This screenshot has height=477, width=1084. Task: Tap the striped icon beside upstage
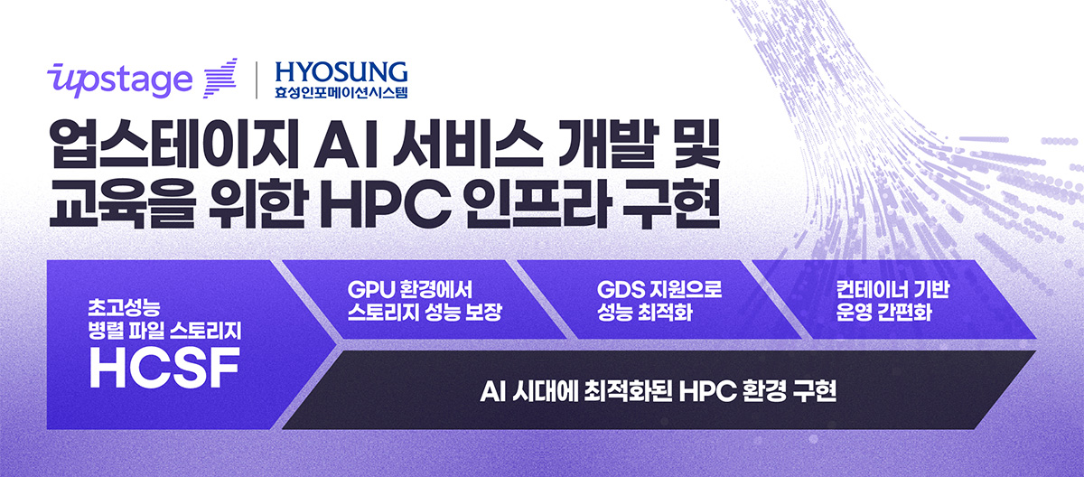point(220,78)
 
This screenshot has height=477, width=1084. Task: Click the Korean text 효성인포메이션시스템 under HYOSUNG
point(341,90)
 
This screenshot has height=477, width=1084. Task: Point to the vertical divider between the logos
point(258,79)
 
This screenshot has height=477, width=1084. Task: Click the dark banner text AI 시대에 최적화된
point(575,393)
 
